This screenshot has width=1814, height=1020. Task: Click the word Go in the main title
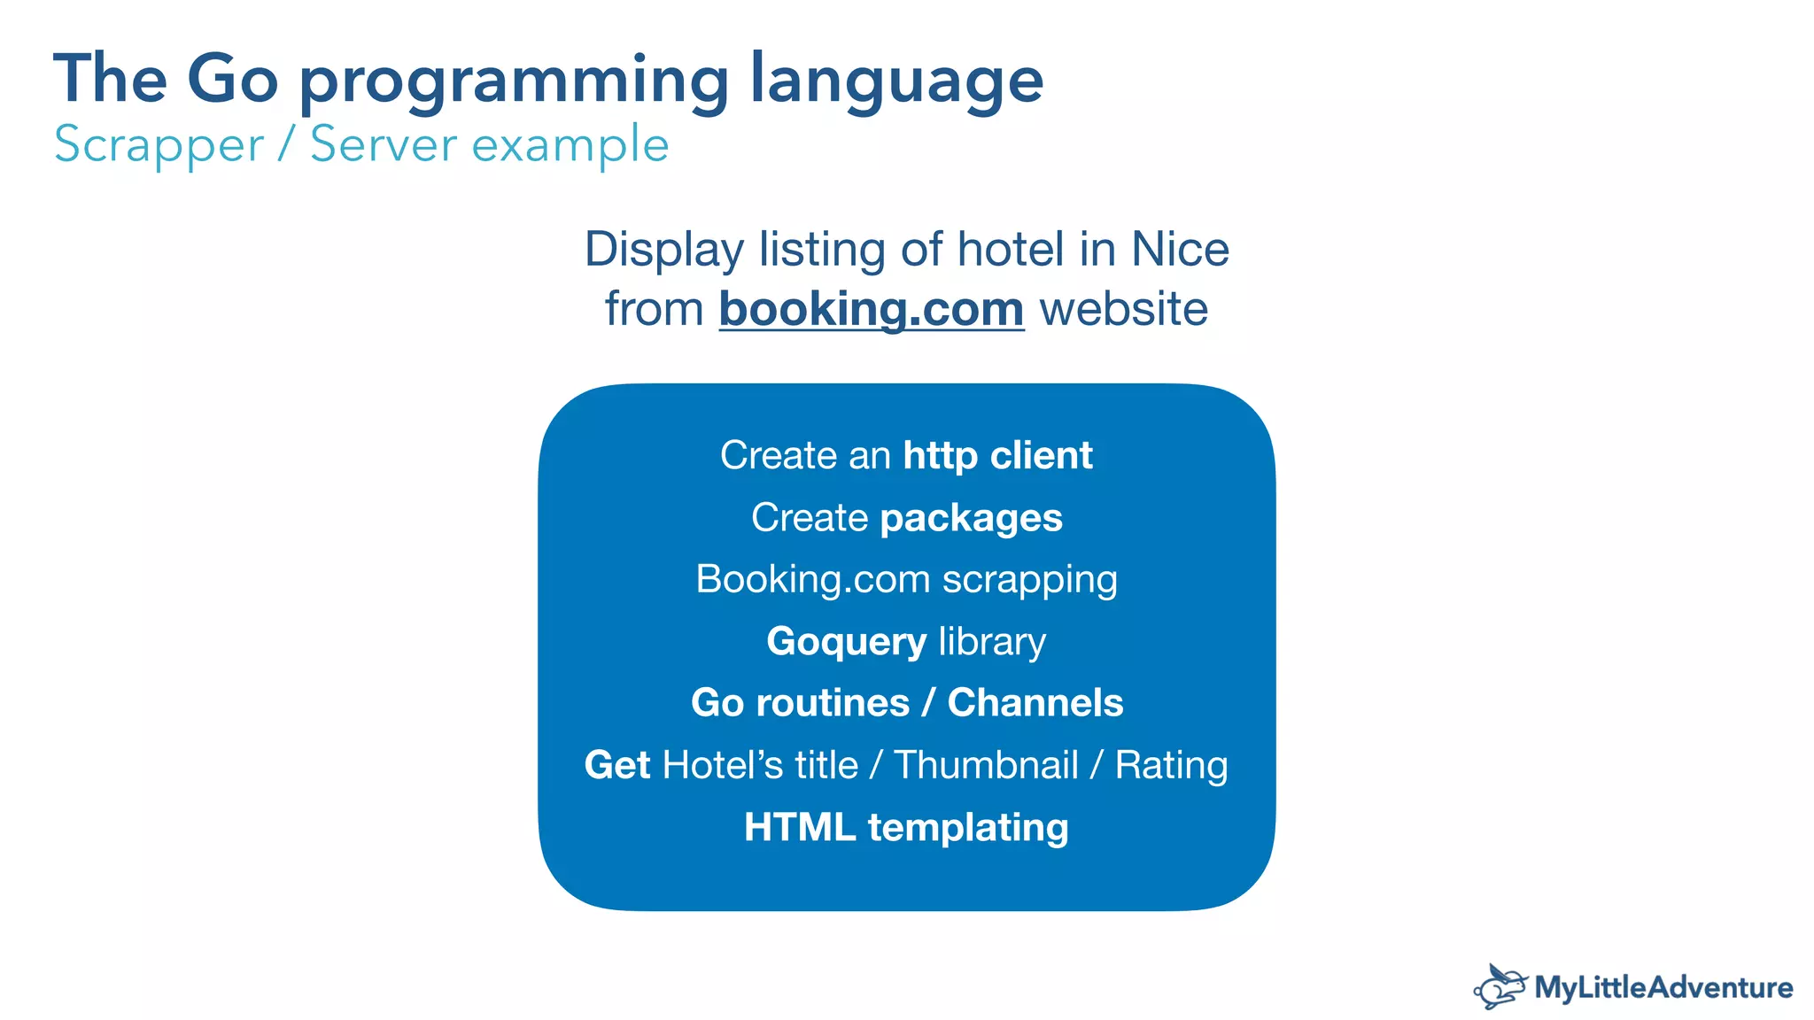coord(232,79)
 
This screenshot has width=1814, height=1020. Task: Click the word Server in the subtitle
coord(383,144)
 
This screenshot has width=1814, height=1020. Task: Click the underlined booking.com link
coord(872,310)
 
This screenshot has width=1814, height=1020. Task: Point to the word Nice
coord(1180,250)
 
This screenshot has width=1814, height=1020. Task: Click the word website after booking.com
coord(1123,310)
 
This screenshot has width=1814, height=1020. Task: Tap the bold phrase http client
coord(997,455)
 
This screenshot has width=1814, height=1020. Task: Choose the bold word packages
coord(971,519)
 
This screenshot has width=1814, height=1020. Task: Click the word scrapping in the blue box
coord(1029,581)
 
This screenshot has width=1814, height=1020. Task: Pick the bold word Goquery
coord(846,642)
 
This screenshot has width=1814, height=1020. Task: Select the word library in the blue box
coord(992,641)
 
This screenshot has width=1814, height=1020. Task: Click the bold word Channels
coord(1035,703)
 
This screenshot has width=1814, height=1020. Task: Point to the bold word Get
coord(617,765)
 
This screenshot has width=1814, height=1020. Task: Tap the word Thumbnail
coord(986,765)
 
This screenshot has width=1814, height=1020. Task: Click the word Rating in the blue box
coord(1171,765)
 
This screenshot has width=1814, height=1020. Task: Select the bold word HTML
coord(799,827)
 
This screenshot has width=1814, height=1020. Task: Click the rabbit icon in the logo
coord(1500,986)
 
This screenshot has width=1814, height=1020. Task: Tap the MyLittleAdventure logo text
coord(1663,987)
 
